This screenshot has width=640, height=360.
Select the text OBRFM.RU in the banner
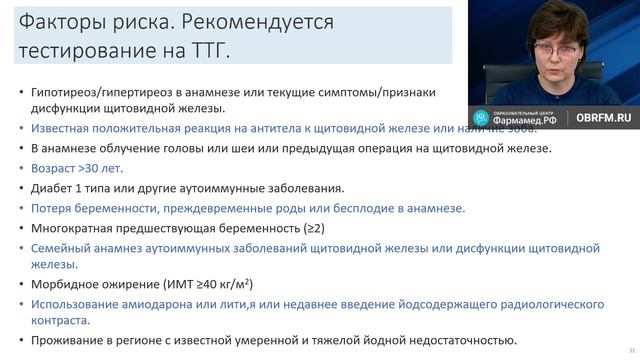tap(603, 117)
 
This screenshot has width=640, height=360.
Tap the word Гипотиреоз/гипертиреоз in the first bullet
tap(109, 92)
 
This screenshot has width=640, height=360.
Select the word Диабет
tap(55, 187)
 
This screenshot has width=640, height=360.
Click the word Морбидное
tap(68, 284)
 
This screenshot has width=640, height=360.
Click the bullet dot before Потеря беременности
tap(21, 207)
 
